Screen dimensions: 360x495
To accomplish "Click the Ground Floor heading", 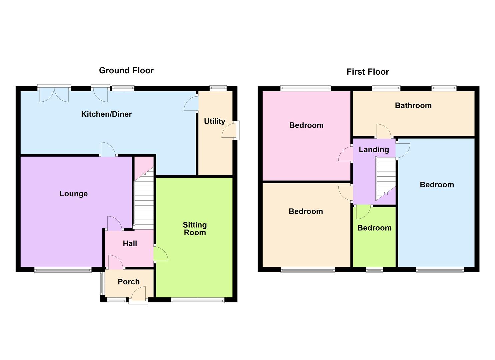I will click(x=126, y=70).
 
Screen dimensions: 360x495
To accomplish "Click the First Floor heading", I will click(x=368, y=72).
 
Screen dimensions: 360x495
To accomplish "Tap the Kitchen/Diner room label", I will click(x=106, y=114).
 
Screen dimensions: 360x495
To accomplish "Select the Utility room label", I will click(x=214, y=121).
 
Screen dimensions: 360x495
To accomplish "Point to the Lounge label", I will click(x=74, y=194).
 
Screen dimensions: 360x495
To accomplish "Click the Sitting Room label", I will click(x=195, y=229).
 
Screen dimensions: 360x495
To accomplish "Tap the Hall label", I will click(x=130, y=244).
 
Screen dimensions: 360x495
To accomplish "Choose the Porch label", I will click(x=129, y=282).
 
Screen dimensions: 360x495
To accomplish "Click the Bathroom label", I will click(x=413, y=106).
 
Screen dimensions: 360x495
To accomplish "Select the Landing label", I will click(x=374, y=150).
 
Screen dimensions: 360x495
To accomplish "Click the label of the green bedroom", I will click(x=374, y=228).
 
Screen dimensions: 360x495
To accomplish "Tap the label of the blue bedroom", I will click(x=437, y=185).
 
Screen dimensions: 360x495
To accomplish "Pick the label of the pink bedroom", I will click(x=306, y=125).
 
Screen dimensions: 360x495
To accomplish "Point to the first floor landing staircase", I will click(x=386, y=178).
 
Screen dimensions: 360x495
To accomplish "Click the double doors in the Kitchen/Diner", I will click(x=54, y=93).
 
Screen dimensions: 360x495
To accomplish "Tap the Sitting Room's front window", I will click(x=198, y=300).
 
